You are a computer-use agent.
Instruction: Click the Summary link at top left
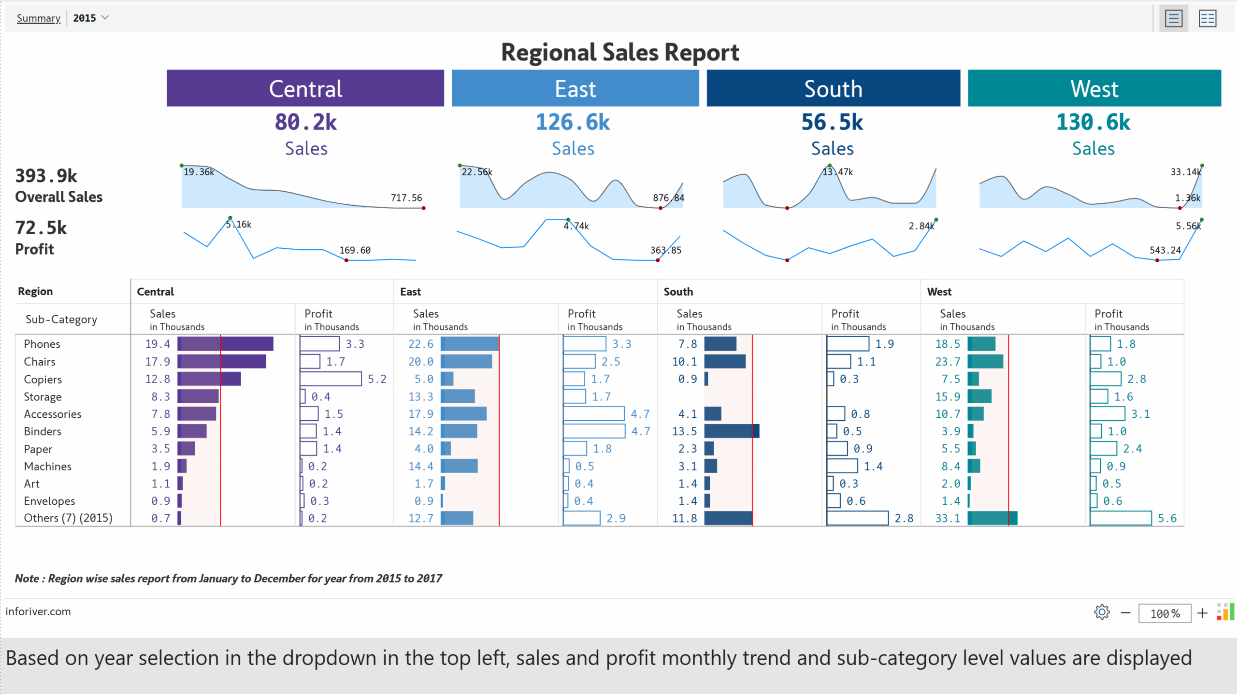(38, 18)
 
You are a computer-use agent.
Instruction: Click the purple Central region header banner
(305, 88)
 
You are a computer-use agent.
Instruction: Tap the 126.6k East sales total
(573, 122)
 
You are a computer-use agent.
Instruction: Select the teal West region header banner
(1094, 88)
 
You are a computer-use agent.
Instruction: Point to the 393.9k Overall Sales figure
(46, 176)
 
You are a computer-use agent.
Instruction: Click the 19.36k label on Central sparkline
(199, 172)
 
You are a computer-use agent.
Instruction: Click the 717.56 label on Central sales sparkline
(406, 198)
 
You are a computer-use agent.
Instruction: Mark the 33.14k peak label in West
(1185, 172)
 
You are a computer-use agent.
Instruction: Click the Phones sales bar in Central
(225, 344)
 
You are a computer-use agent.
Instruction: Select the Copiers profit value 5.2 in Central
(377, 379)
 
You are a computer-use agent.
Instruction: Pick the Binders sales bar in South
(732, 431)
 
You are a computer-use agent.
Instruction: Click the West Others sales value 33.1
(948, 518)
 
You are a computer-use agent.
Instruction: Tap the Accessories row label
(53, 414)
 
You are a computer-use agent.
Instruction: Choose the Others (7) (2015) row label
(68, 518)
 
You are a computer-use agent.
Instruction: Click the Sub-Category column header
(61, 319)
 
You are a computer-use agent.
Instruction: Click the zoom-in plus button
(1202, 613)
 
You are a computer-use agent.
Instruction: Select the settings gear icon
(1102, 612)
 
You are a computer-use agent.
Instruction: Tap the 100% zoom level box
(1165, 613)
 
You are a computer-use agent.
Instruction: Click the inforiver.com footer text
(38, 611)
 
